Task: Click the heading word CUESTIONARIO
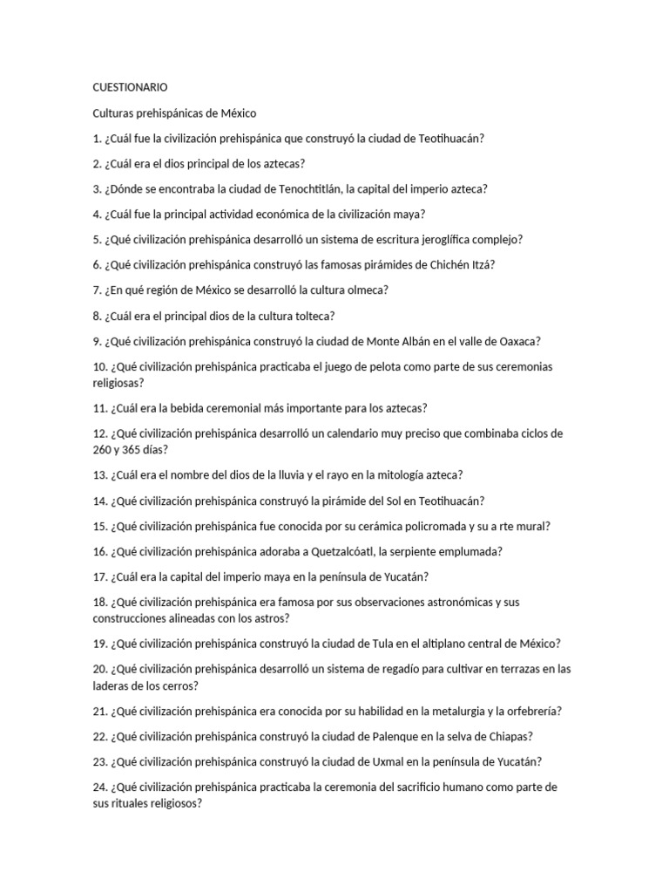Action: coord(130,87)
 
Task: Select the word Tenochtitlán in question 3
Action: coord(312,188)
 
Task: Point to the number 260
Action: coord(104,449)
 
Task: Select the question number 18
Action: coord(99,602)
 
